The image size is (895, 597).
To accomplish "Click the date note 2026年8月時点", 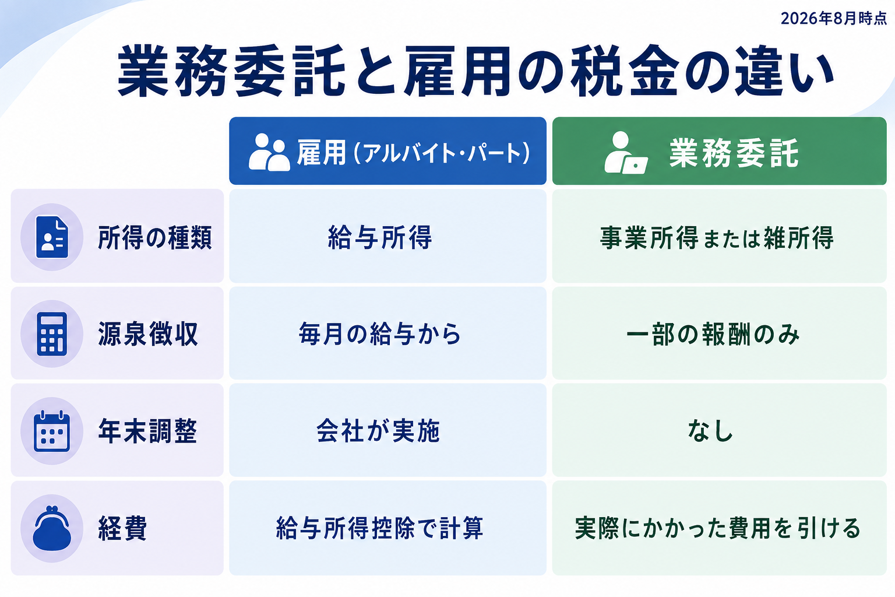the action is pyautogui.click(x=833, y=19).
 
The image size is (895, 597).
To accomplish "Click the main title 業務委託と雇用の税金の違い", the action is pyautogui.click(x=476, y=71).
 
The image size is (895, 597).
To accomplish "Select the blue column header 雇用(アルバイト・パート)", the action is pyautogui.click(x=387, y=151).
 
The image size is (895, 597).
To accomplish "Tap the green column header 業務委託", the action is pyautogui.click(x=719, y=151).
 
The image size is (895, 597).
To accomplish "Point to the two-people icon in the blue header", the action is pyautogui.click(x=269, y=152).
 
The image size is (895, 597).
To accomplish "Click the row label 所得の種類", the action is pyautogui.click(x=155, y=237).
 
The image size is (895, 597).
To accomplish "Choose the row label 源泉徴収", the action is pyautogui.click(x=148, y=334).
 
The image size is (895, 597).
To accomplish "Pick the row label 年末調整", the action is pyautogui.click(x=148, y=431).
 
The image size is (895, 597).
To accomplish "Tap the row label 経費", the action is pyautogui.click(x=123, y=528).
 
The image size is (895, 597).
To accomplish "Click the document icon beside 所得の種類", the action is pyautogui.click(x=52, y=237).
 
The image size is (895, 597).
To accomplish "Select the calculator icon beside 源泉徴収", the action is pyautogui.click(x=52, y=334).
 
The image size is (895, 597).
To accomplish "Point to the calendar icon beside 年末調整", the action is pyautogui.click(x=52, y=431).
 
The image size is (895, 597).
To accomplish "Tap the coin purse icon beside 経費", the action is pyautogui.click(x=52, y=528).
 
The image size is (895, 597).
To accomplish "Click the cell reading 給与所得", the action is pyautogui.click(x=380, y=237).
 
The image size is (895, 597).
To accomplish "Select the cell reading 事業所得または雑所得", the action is pyautogui.click(x=717, y=237).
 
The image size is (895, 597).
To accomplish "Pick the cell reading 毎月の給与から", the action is pyautogui.click(x=380, y=334).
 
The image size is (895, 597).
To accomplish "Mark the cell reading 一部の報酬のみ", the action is pyautogui.click(x=713, y=334).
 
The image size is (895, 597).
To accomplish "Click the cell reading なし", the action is pyautogui.click(x=710, y=431).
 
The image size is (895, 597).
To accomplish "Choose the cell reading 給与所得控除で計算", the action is pyautogui.click(x=380, y=528).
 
